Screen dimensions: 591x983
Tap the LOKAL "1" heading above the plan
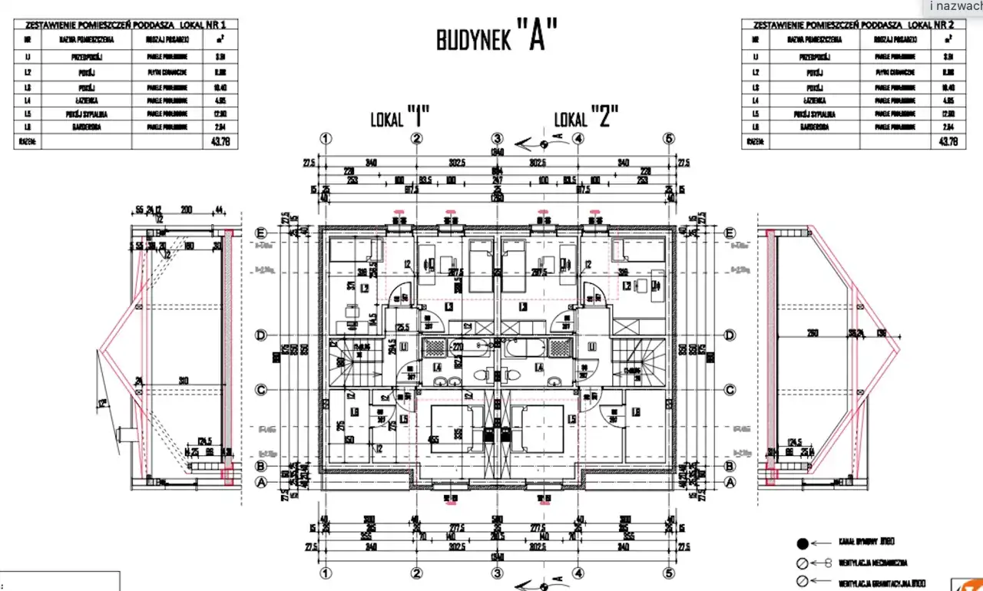click(x=399, y=119)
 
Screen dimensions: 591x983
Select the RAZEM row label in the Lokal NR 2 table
click(x=755, y=141)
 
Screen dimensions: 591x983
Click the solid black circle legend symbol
click(x=803, y=544)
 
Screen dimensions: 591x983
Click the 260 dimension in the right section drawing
click(x=813, y=333)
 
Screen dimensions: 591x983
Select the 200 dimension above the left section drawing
click(x=185, y=210)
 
